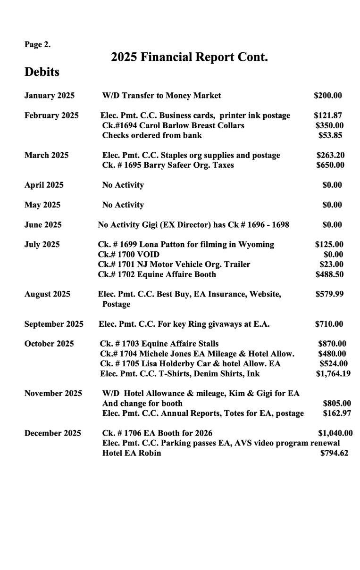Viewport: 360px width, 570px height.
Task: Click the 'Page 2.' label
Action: coord(37,45)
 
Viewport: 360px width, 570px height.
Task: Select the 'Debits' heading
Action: coord(42,72)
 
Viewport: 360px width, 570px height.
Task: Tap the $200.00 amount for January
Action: coord(327,96)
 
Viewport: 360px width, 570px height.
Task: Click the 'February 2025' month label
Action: coord(51,116)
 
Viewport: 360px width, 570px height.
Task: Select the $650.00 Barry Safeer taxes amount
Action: coord(330,165)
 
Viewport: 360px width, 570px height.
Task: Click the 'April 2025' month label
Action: coord(44,185)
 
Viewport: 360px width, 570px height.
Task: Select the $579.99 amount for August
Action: coord(329,294)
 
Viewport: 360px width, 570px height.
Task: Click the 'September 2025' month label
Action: coord(54,324)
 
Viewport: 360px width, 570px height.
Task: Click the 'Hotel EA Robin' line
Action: coord(131,453)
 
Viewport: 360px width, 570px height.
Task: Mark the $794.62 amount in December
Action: coord(334,453)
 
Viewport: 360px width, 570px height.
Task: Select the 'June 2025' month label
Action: coord(43,225)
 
